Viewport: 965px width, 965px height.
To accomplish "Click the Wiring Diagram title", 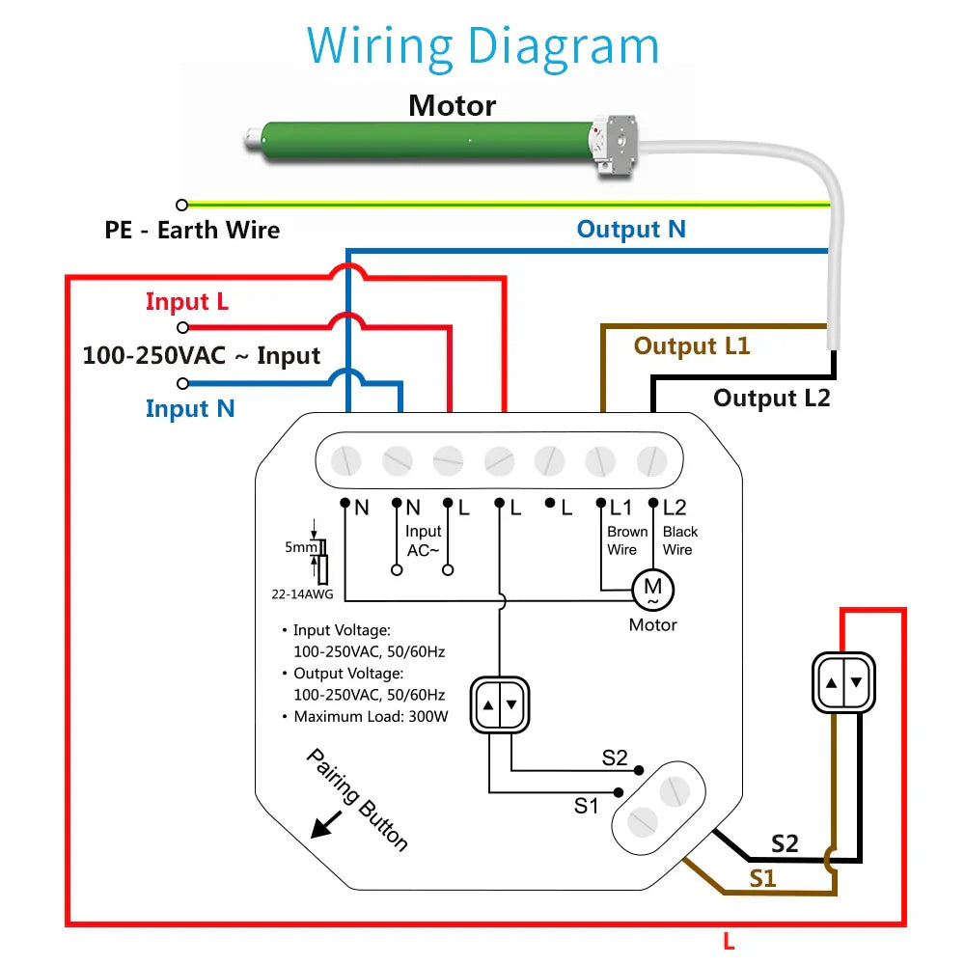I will [x=482, y=45].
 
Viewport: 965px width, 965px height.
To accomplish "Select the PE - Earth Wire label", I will [x=192, y=231].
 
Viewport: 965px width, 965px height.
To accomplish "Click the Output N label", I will [x=631, y=229].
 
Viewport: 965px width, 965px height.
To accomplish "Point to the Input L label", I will [x=187, y=302].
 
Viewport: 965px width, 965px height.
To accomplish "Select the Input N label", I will [x=190, y=408].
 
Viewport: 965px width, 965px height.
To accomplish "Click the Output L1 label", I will [x=691, y=345].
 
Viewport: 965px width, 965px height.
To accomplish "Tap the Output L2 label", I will [x=771, y=398].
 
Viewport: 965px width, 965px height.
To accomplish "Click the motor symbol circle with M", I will [x=652, y=588].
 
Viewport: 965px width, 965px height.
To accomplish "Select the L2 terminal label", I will [x=675, y=508].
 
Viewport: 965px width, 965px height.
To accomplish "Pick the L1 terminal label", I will [x=620, y=508].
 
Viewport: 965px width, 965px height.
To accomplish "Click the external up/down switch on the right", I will [x=842, y=682].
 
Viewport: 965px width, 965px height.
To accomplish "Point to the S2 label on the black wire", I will [x=785, y=843].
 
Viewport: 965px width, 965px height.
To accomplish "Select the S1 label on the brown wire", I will [x=762, y=878].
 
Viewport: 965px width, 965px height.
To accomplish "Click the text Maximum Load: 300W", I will [x=371, y=716].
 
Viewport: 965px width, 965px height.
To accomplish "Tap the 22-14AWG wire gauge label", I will [x=302, y=594].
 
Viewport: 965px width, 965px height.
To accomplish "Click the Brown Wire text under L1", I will [x=626, y=540].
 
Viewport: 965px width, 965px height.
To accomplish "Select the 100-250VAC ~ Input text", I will [x=201, y=355].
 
